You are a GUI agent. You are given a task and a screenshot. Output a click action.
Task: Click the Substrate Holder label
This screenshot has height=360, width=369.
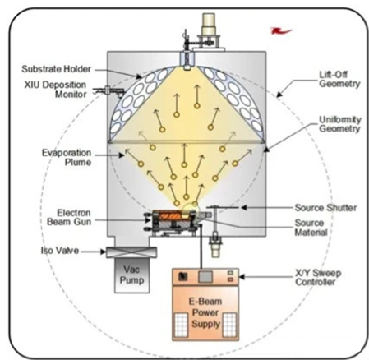[x=56, y=69]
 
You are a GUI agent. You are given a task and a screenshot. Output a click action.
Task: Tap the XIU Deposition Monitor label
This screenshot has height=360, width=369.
[x=55, y=90]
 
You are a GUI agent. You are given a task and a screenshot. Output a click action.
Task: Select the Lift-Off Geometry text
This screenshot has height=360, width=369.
[x=339, y=79]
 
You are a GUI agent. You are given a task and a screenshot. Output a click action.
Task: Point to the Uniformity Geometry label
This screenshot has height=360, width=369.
[x=340, y=124]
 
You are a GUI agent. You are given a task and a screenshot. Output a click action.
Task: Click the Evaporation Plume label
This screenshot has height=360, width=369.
[x=67, y=157]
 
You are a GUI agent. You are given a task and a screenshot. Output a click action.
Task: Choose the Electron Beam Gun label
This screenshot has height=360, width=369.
[x=69, y=217]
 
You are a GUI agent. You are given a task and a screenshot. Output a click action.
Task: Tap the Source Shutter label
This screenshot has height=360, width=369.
[x=325, y=208]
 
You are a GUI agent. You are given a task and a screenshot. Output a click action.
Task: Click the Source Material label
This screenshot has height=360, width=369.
[x=311, y=228]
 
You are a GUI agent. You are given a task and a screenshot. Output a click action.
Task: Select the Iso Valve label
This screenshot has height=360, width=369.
[x=60, y=251]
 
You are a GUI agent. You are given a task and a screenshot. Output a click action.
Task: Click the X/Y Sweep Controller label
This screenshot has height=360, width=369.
[x=318, y=277]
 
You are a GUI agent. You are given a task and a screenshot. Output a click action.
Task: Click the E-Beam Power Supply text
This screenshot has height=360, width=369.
[x=205, y=312]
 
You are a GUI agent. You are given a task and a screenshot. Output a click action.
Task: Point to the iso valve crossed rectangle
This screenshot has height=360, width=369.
[x=131, y=252]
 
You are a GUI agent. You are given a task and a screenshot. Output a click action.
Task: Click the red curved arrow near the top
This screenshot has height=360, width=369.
[x=281, y=30]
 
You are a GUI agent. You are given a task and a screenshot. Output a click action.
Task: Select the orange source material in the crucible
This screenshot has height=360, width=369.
[x=171, y=216]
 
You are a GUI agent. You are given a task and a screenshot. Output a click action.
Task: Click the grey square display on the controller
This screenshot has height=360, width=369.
[x=205, y=277]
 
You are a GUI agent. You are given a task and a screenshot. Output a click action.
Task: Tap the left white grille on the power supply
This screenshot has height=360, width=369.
[x=182, y=325]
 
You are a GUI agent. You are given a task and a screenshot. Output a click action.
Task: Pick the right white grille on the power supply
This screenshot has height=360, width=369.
[x=229, y=325]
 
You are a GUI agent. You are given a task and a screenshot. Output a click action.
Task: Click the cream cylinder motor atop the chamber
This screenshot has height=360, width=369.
[x=209, y=25]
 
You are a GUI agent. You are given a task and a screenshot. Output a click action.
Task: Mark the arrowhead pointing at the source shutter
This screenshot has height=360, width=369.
[x=243, y=208]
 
